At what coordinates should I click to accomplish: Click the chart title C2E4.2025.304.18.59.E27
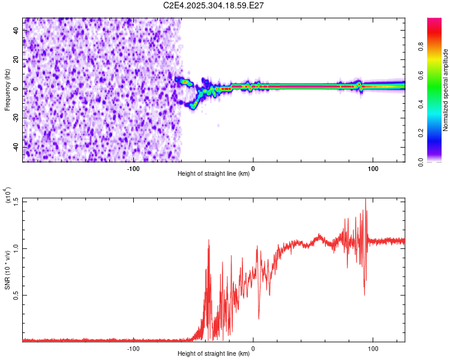[214, 6]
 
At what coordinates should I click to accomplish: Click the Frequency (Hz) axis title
[7, 89]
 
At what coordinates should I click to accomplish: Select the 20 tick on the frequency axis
[16, 59]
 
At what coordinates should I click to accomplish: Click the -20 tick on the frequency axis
[14, 118]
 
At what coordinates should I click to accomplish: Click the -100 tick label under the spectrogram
[133, 169]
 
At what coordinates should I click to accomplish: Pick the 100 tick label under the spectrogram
[373, 169]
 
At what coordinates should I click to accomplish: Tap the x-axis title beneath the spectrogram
[214, 175]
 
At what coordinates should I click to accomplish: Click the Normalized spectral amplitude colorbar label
[446, 90]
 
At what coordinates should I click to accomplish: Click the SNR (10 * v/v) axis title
[7, 270]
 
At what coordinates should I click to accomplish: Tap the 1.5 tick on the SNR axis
[16, 200]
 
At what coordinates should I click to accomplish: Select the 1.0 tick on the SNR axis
[16, 248]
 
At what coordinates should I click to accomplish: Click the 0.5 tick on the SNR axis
[16, 295]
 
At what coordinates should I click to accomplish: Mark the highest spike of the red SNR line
[366, 200]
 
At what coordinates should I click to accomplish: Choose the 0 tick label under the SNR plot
[253, 349]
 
